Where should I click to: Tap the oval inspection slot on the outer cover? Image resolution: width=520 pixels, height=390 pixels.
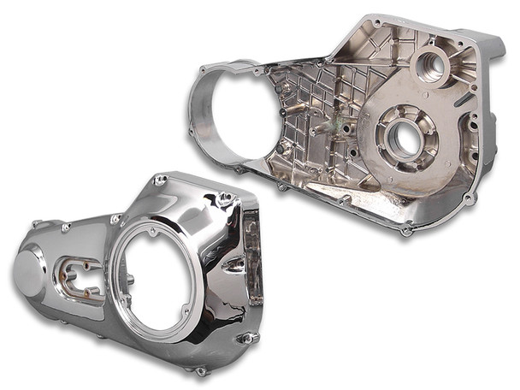(x=76, y=273)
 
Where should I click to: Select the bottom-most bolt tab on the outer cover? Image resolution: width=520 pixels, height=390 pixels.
(x=200, y=370)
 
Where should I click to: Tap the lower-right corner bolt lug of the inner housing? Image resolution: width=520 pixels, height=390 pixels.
(x=467, y=198)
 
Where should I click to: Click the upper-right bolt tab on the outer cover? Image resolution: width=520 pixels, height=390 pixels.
(x=224, y=198)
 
